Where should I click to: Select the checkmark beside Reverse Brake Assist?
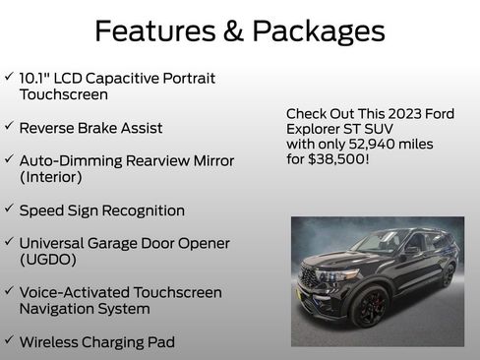pos(9,127)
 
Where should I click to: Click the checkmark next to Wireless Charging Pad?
pos(9,340)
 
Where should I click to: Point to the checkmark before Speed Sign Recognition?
pos(9,210)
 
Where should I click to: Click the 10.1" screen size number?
pos(37,78)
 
